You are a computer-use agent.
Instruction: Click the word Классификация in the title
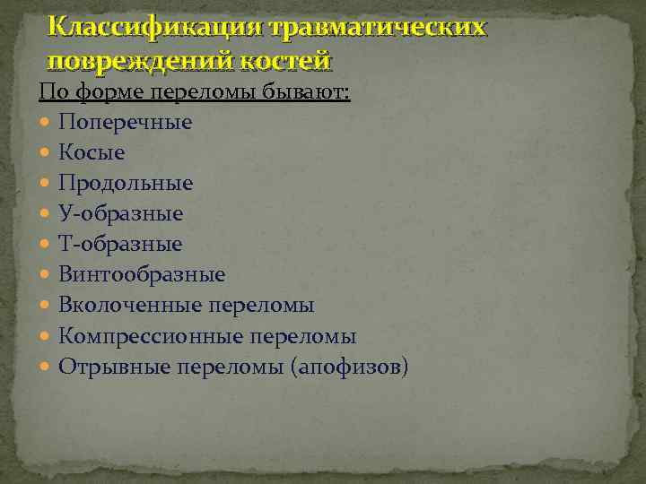(152, 27)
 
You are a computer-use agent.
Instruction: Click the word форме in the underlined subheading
(101, 92)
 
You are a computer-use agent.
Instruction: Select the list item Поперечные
(126, 122)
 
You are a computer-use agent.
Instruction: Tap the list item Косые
(92, 152)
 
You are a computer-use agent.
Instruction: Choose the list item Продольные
(126, 183)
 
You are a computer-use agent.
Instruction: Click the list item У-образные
(121, 213)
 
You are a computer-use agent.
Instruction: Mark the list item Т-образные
(120, 244)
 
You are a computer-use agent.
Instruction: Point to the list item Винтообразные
(142, 274)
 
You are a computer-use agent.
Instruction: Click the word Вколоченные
(130, 306)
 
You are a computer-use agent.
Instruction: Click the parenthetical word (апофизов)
(350, 367)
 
